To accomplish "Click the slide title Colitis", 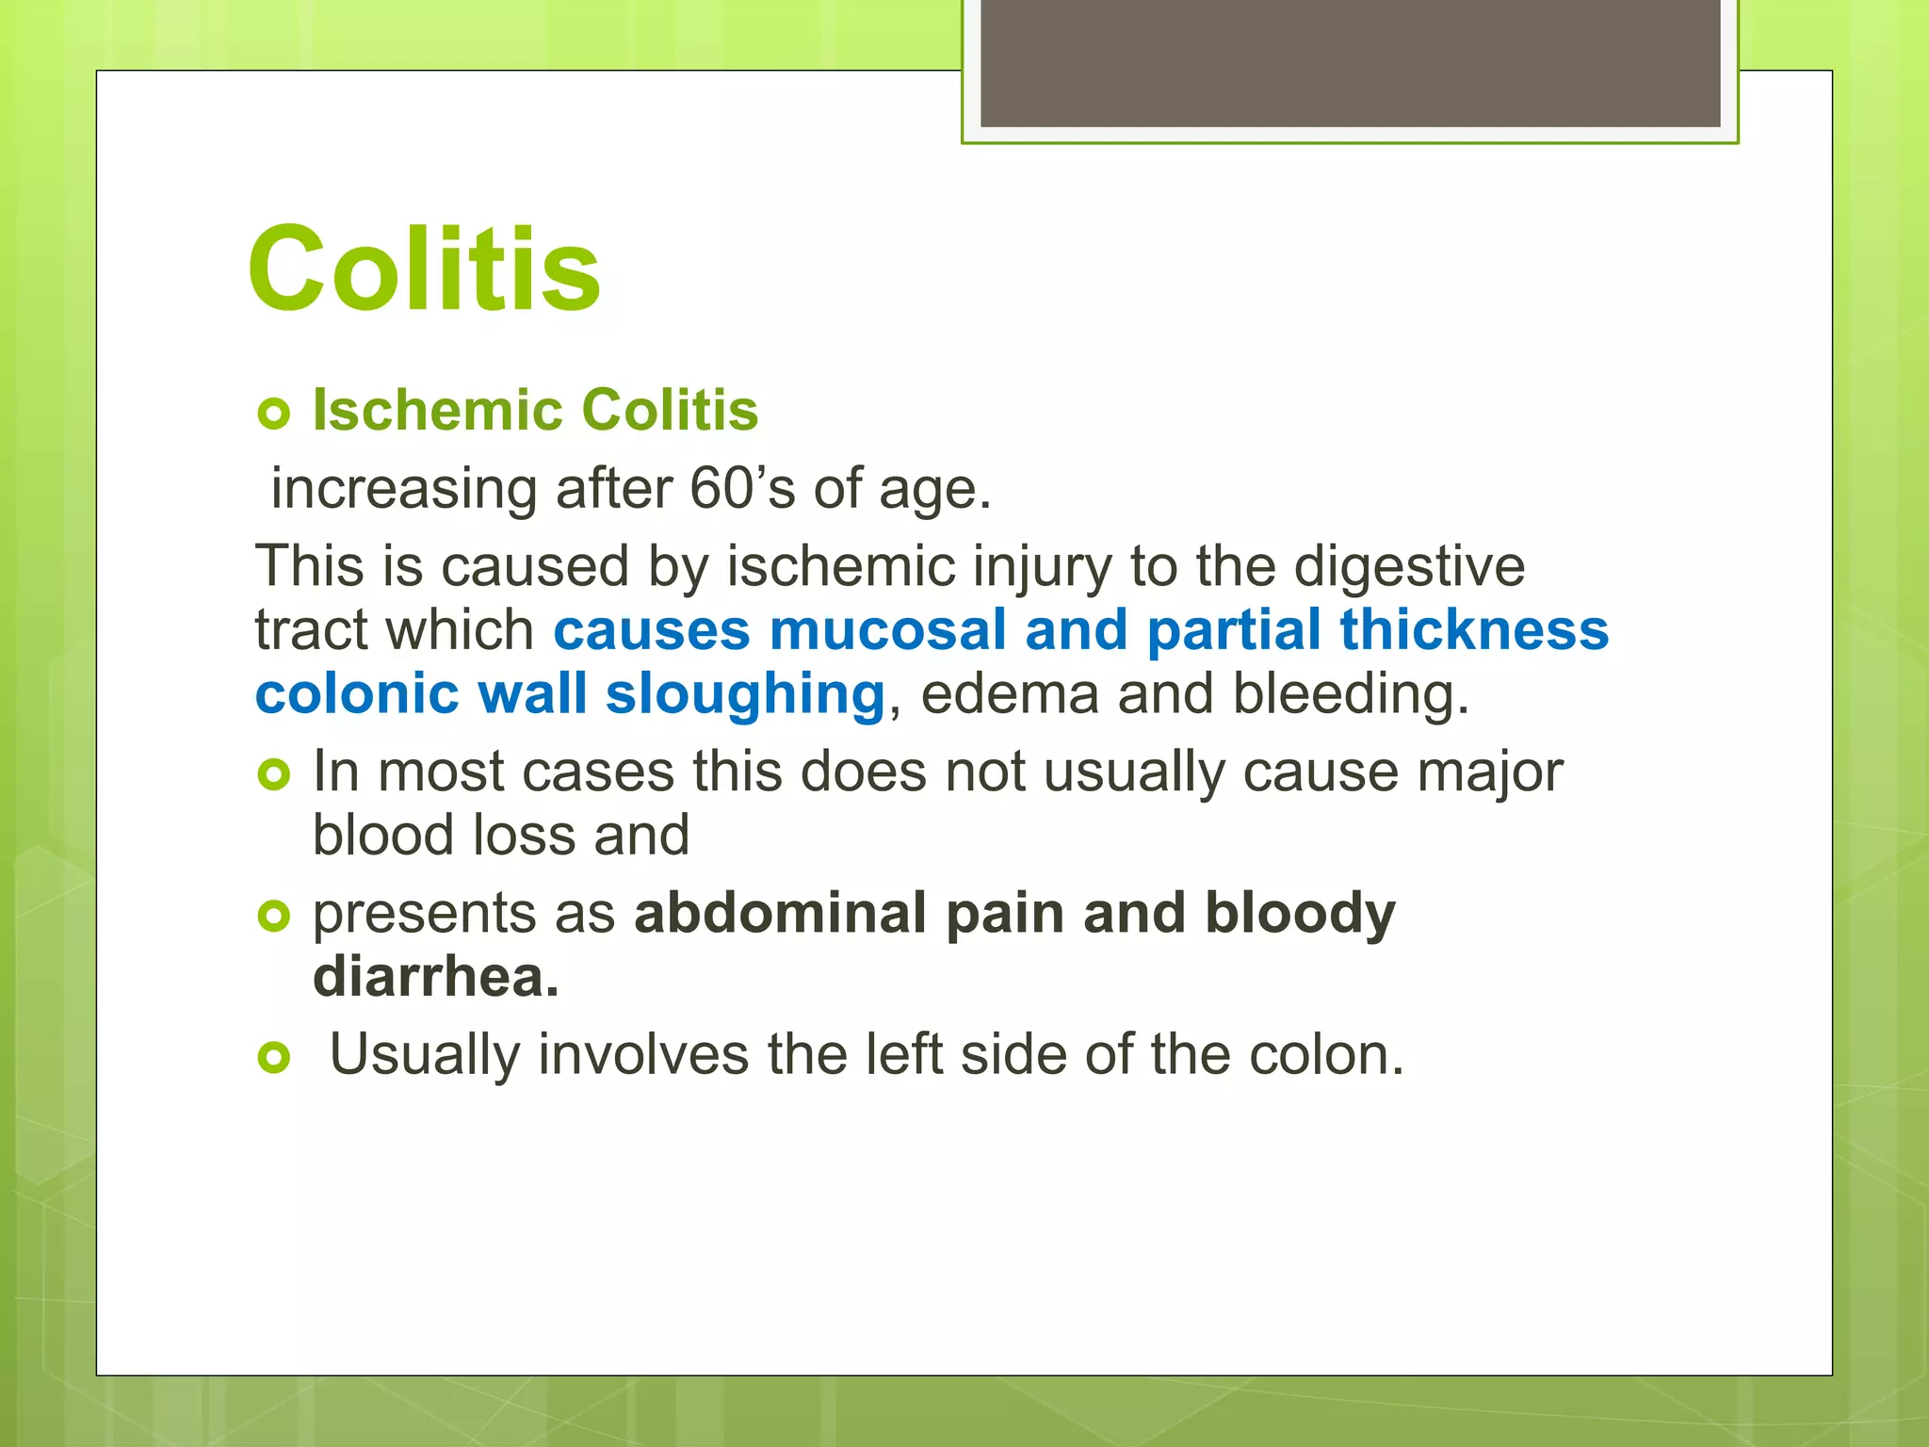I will pyautogui.click(x=424, y=270).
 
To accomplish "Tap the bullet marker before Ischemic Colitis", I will pyautogui.click(x=273, y=414).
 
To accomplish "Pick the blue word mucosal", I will pyautogui.click(x=887, y=630).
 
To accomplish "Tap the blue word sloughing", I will pyautogui.click(x=744, y=695).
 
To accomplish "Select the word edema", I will pyautogui.click(x=1010, y=694).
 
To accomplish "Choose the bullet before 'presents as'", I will pyautogui.click(x=273, y=916).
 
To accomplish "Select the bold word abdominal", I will pyautogui.click(x=780, y=914).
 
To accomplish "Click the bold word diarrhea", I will pyautogui.click(x=435, y=977).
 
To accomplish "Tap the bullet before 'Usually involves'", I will pyautogui.click(x=273, y=1058).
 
